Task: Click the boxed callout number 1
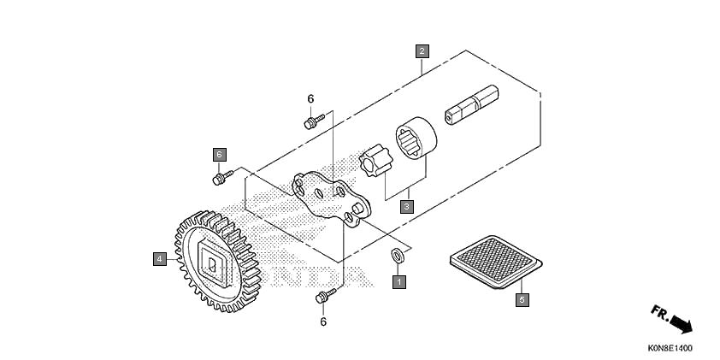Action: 399,281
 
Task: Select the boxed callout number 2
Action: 422,51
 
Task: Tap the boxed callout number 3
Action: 406,207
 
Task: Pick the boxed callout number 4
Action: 159,259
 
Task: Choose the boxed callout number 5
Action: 522,300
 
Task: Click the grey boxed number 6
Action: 220,155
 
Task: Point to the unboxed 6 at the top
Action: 311,98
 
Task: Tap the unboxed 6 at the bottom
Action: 323,322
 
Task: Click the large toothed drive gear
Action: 218,262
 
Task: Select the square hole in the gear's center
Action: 213,265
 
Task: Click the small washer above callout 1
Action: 398,255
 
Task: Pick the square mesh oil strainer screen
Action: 496,262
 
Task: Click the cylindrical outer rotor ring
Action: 416,138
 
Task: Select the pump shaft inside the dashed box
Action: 471,104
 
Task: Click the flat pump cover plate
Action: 331,199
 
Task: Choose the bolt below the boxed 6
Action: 222,177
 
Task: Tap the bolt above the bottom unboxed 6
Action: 326,296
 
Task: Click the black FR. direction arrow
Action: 681,323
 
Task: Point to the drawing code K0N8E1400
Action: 670,349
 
